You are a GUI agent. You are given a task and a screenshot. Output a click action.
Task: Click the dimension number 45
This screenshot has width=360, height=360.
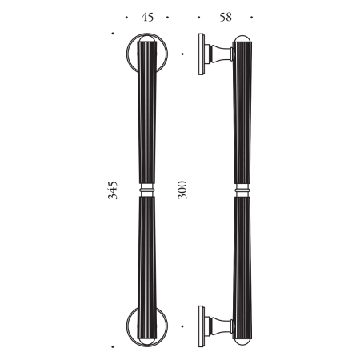147,17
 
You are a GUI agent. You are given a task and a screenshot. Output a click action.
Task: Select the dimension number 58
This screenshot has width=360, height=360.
226,17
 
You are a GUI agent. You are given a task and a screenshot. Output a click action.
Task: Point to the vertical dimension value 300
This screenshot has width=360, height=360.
183,190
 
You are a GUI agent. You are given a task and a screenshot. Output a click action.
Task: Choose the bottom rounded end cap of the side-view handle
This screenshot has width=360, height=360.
244,341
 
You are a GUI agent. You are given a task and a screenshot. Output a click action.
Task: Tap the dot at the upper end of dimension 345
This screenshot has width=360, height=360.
114,34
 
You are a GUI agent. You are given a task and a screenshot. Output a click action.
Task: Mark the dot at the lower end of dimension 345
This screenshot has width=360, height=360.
114,346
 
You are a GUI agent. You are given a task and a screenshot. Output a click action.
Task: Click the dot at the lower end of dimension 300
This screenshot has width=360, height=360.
183,326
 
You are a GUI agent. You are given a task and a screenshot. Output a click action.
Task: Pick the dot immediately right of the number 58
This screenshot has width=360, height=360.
251,17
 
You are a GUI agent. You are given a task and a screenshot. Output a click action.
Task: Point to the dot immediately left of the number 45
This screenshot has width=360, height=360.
127,17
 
